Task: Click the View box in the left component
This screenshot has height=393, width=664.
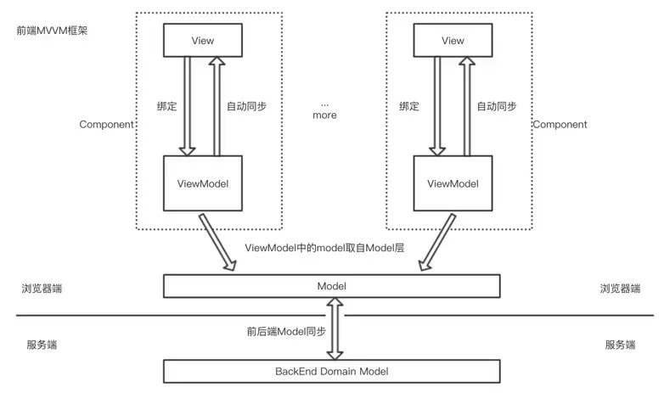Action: (x=202, y=40)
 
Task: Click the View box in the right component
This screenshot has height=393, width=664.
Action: (x=453, y=40)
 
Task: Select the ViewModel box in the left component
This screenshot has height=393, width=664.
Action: (x=202, y=183)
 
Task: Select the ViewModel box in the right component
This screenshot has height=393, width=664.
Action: (x=453, y=183)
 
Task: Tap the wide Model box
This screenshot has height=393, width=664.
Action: (x=331, y=287)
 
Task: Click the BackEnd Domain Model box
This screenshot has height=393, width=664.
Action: (x=331, y=371)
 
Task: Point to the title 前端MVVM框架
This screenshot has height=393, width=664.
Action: (x=52, y=31)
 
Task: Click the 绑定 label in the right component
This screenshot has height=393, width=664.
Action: (x=410, y=107)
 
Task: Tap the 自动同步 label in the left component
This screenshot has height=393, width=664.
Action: (x=247, y=107)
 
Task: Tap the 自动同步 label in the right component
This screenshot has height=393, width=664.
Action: (x=497, y=107)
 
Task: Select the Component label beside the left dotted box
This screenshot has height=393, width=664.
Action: (x=107, y=125)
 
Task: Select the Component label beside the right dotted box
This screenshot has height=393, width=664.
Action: (x=560, y=125)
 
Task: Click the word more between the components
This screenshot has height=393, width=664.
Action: (x=324, y=115)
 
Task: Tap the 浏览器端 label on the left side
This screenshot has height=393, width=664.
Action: (x=42, y=289)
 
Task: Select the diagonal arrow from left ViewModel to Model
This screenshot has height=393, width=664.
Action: (x=218, y=244)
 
